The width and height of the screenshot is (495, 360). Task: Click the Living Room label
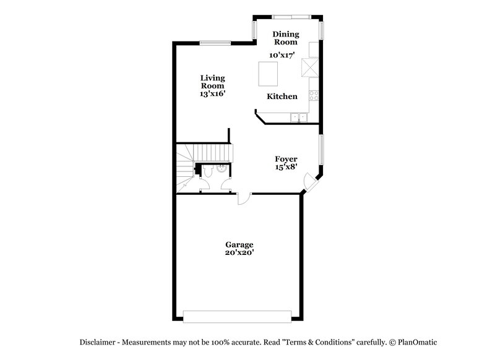pyautogui.click(x=212, y=82)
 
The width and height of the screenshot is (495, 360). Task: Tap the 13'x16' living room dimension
pyautogui.click(x=212, y=94)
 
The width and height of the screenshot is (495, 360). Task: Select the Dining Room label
pyautogui.click(x=286, y=38)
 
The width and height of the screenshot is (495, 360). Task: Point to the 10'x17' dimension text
pyautogui.click(x=282, y=55)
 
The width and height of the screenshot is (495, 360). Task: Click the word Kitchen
pyautogui.click(x=282, y=96)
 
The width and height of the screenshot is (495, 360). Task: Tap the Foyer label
pyautogui.click(x=286, y=159)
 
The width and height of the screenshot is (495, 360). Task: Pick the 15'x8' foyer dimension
pyautogui.click(x=286, y=167)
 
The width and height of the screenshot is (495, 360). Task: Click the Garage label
pyautogui.click(x=239, y=244)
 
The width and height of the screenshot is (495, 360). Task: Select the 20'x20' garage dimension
pyautogui.click(x=239, y=252)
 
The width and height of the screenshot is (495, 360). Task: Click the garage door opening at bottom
pyautogui.click(x=238, y=316)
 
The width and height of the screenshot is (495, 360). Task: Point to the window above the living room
pyautogui.click(x=215, y=43)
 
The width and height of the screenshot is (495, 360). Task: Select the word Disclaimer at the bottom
pyautogui.click(x=99, y=342)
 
